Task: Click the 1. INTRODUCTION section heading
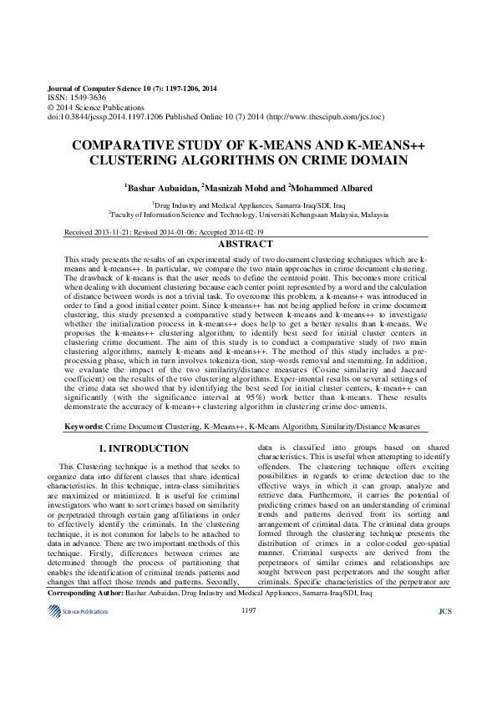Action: tap(144, 449)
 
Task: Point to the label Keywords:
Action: tap(84, 427)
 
